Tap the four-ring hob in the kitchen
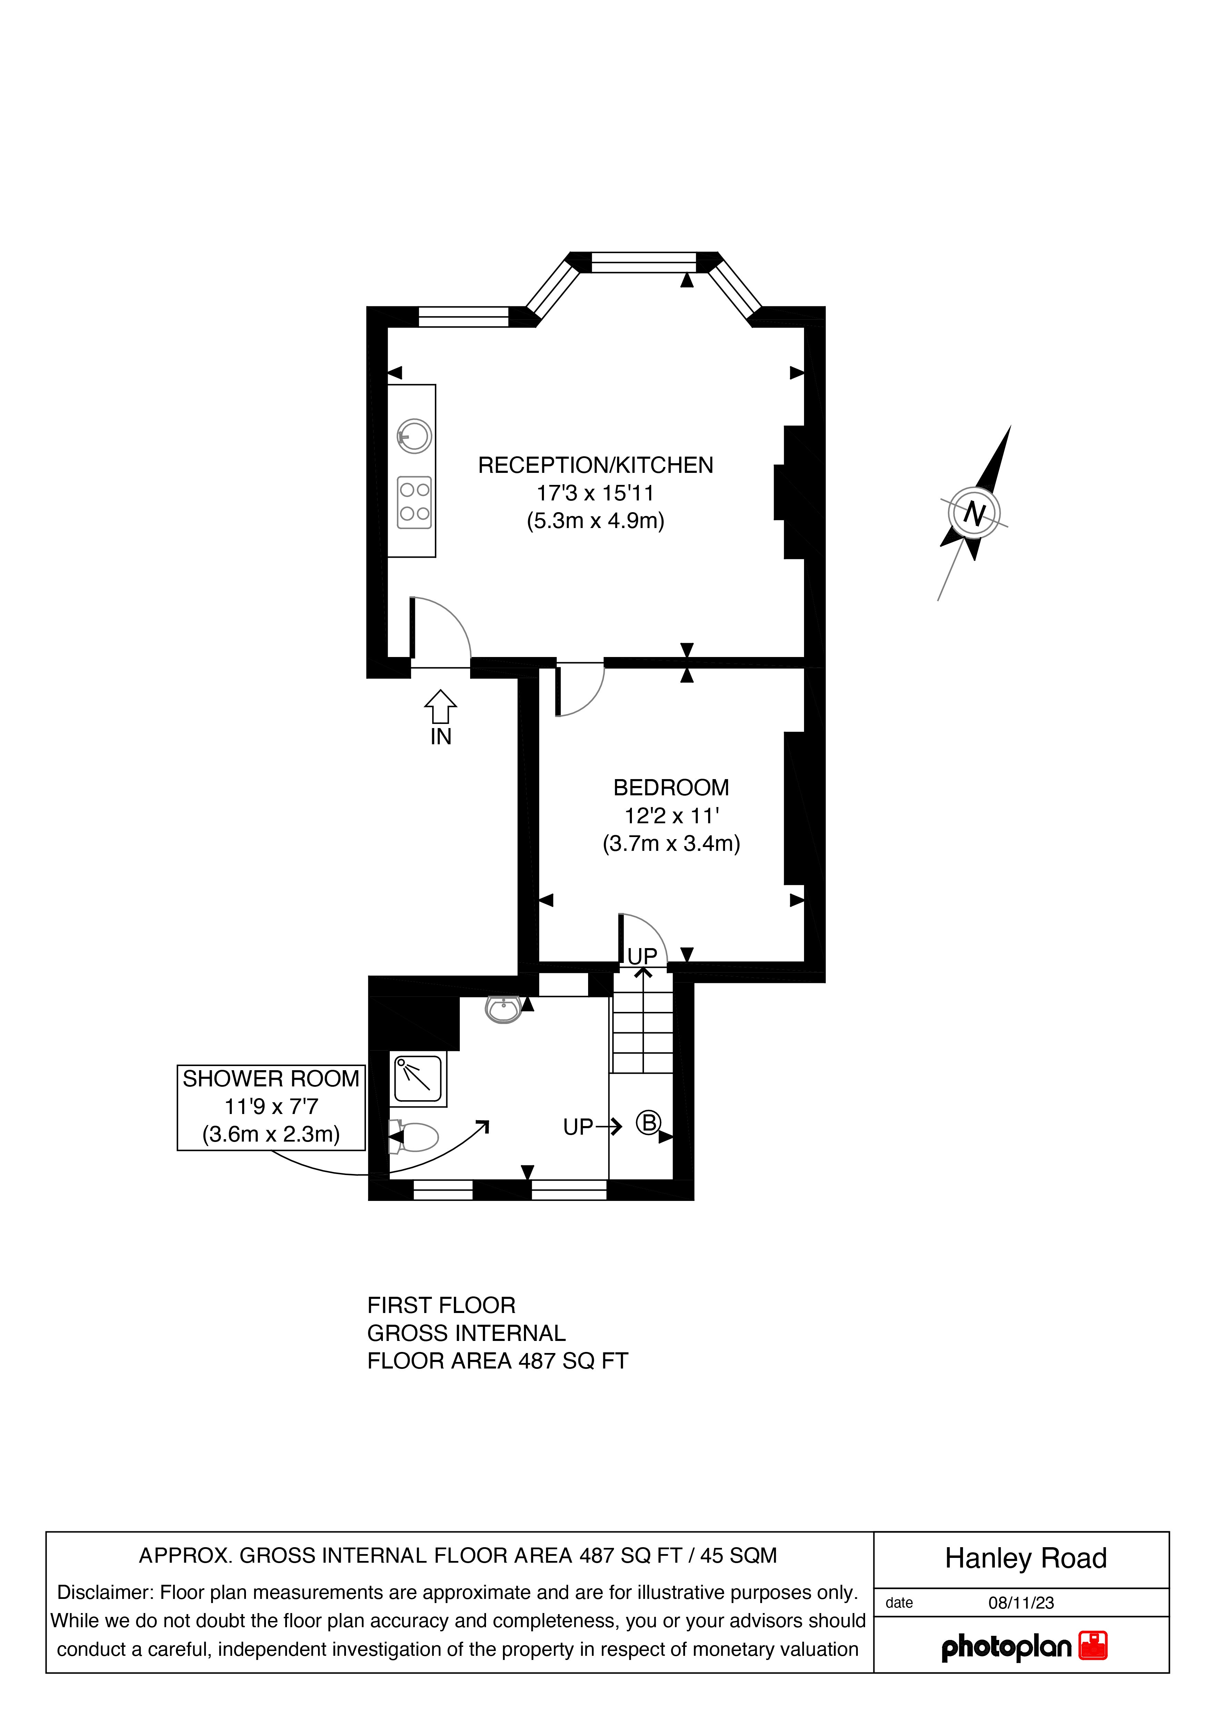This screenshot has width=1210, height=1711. pos(414,501)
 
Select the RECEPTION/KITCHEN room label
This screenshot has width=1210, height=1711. pos(595,465)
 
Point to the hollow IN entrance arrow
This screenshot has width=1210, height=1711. pos(440,706)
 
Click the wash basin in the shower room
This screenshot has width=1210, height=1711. pos(504,1010)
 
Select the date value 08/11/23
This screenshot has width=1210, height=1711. pos(1021,1603)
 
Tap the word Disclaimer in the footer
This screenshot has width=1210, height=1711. pos(104,1592)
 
